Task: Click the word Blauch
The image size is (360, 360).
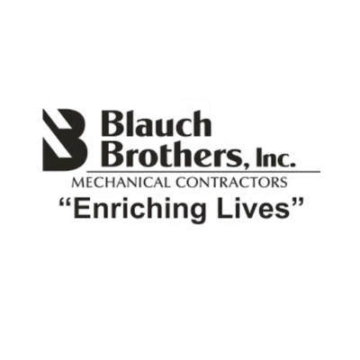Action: click(155, 124)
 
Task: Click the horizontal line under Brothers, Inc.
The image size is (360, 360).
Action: click(203, 172)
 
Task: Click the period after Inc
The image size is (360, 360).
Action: click(292, 165)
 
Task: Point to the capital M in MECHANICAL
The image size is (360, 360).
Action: click(76, 183)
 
